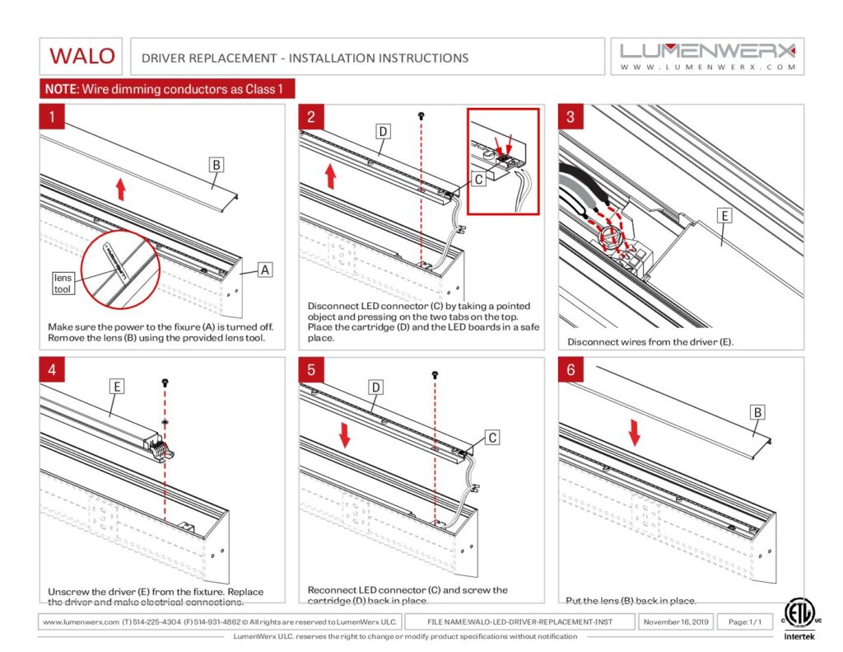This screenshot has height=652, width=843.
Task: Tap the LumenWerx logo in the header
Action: [x=707, y=55]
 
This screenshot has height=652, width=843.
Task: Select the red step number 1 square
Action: [x=53, y=117]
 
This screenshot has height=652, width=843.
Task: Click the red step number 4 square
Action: [x=53, y=370]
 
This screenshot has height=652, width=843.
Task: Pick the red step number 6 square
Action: [x=571, y=370]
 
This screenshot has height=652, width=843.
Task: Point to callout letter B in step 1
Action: [x=216, y=166]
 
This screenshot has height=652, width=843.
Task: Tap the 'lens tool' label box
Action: [x=63, y=284]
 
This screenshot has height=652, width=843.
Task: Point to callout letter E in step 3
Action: [x=724, y=216]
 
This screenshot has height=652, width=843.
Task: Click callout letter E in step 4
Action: [x=117, y=385]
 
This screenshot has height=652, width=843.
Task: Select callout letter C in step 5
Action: [x=491, y=437]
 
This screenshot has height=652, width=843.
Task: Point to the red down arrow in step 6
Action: [x=635, y=431]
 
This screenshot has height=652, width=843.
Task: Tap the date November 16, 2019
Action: [x=675, y=622]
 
